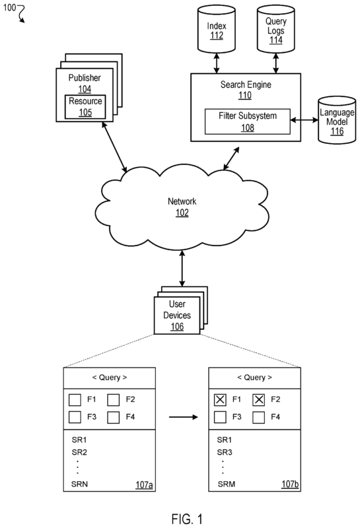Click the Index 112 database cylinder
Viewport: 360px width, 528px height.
point(216,29)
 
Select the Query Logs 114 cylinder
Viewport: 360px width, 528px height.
point(275,29)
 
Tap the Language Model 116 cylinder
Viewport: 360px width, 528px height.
point(337,120)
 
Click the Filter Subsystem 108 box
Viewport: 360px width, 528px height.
point(248,121)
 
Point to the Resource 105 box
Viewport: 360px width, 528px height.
point(85,107)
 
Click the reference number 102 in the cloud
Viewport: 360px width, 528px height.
point(182,213)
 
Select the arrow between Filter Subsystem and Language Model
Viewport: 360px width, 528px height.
point(304,120)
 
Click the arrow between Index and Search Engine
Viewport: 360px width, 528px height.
point(217,63)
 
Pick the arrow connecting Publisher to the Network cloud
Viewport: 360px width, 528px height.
point(114,147)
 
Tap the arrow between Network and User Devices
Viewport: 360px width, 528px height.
point(182,268)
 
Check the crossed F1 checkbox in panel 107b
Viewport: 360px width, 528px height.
point(220,400)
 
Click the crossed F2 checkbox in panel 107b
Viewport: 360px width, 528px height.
point(259,400)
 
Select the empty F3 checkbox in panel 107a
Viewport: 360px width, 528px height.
point(75,417)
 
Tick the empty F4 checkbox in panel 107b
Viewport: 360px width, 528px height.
point(259,417)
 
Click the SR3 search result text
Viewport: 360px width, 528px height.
point(225,452)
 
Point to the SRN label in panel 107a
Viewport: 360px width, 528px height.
point(79,484)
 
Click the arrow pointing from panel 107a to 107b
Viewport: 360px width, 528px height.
point(184,417)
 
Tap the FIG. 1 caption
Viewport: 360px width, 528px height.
point(187,519)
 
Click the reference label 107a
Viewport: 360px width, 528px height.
point(144,484)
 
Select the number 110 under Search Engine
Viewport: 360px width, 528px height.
point(245,95)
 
